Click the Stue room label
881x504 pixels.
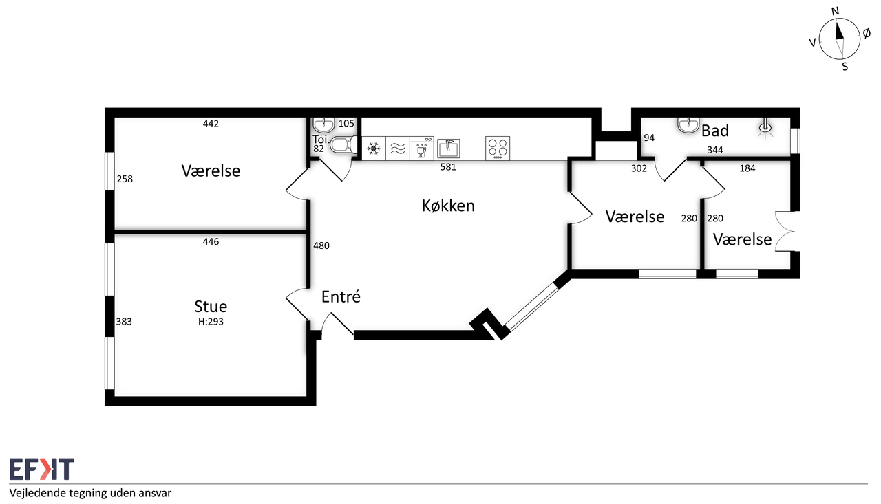click(211, 307)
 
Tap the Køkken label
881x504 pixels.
click(448, 206)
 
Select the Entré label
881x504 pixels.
click(341, 296)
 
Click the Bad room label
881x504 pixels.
click(715, 131)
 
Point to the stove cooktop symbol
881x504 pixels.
click(498, 148)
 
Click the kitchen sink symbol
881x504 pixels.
click(448, 148)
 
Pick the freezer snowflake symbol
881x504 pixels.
click(373, 149)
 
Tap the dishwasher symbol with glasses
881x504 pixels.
click(422, 148)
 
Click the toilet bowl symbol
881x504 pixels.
click(343, 145)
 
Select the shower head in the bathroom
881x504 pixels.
click(765, 128)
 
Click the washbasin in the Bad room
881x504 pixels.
click(688, 125)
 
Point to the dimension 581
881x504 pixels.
click(448, 167)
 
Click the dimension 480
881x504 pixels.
click(321, 245)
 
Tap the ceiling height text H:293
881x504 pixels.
click(211, 322)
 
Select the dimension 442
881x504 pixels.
click(211, 124)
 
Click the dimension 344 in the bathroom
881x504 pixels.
click(715, 150)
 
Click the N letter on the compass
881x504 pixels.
click(835, 12)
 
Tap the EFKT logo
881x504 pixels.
click(42, 469)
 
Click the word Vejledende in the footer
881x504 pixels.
click(37, 494)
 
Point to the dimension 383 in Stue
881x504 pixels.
click(124, 322)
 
